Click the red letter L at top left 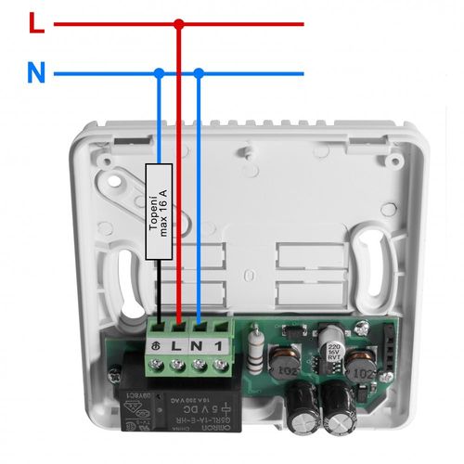35,23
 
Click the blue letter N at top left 35,73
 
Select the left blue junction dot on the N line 159,72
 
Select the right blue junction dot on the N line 200,72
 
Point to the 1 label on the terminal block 219,345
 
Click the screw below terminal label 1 220,365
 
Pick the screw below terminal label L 178,365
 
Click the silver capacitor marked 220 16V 331,342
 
